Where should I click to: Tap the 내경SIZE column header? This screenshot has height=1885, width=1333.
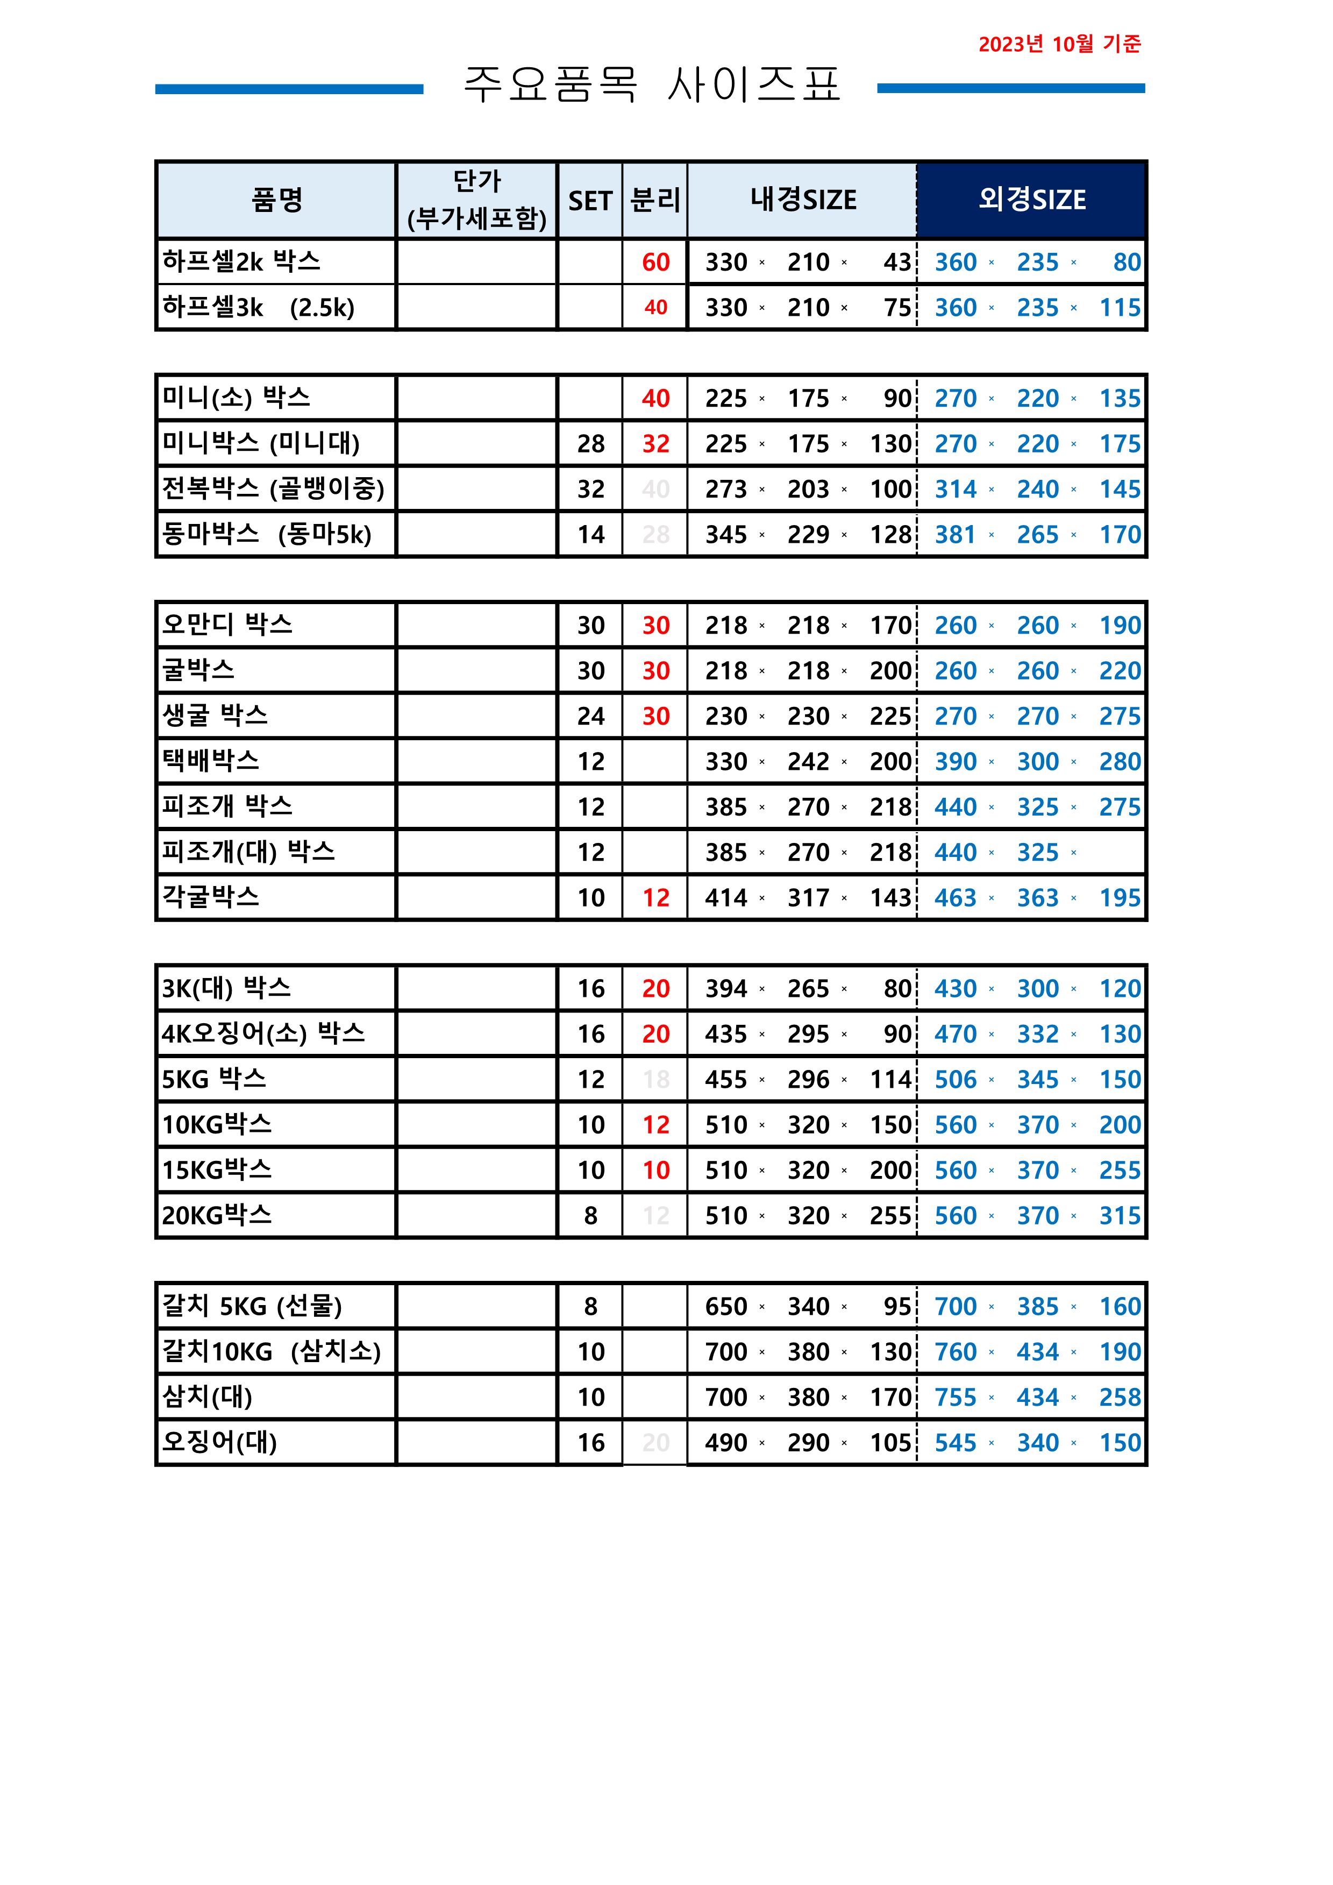click(803, 200)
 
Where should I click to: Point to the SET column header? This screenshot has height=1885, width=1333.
click(590, 200)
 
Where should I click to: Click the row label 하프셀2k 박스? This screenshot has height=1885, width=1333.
click(241, 262)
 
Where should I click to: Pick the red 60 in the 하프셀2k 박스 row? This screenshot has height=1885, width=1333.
click(656, 263)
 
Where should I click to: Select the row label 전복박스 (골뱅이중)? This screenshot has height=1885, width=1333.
click(273, 488)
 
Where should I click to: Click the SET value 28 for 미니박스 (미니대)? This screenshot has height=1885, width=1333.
click(590, 444)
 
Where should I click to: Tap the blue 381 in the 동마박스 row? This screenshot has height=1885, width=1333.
click(956, 535)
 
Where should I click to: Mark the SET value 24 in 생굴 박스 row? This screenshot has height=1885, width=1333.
click(590, 717)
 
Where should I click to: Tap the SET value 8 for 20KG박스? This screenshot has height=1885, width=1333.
click(590, 1216)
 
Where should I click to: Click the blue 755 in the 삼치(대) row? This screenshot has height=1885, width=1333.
click(956, 1397)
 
